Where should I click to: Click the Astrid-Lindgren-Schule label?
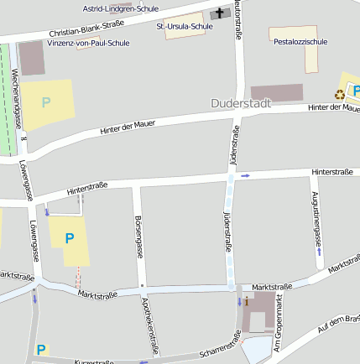[122, 8]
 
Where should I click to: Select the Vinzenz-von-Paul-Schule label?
[89, 43]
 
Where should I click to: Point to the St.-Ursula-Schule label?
[184, 26]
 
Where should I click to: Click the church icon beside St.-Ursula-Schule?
[221, 13]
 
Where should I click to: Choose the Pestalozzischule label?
[300, 41]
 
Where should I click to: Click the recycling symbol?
[340, 94]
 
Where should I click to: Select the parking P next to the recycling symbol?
[356, 91]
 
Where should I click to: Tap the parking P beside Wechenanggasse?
[46, 102]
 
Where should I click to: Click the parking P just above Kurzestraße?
[40, 349]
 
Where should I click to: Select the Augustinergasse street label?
[316, 219]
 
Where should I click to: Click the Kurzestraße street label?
[93, 361]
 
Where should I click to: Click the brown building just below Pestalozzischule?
[277, 93]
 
